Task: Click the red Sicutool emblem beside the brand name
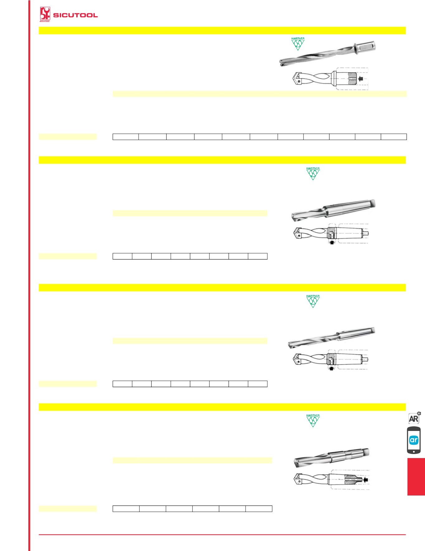point(45,15)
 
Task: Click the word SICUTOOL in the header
point(76,15)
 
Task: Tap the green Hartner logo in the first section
point(298,44)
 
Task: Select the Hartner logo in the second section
point(313,173)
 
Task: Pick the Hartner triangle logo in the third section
point(313,301)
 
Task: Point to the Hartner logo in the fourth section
point(313,420)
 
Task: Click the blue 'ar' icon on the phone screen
point(414,440)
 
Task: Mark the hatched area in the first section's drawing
point(352,79)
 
